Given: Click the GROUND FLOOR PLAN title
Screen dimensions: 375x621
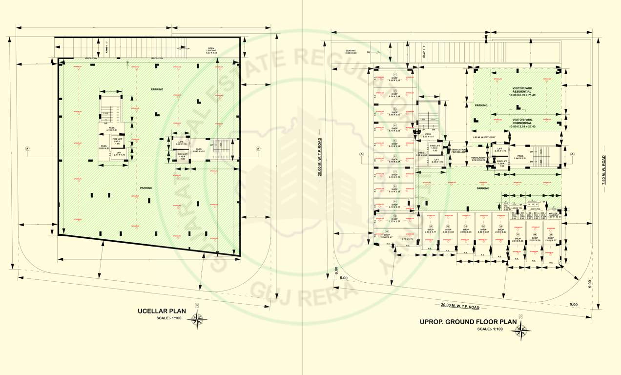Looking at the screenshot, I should point(468,322).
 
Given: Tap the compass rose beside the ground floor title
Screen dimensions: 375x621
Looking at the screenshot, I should point(521,330).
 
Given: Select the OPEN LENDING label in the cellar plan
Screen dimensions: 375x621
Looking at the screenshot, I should point(211,50).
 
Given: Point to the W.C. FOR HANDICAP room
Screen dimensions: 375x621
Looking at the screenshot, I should point(552,215).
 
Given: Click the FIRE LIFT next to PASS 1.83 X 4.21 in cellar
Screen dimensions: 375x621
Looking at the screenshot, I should point(117,141).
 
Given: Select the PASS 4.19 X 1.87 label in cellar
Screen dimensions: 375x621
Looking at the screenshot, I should point(112,129).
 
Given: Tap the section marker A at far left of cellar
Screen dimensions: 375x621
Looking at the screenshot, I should point(27,148).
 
